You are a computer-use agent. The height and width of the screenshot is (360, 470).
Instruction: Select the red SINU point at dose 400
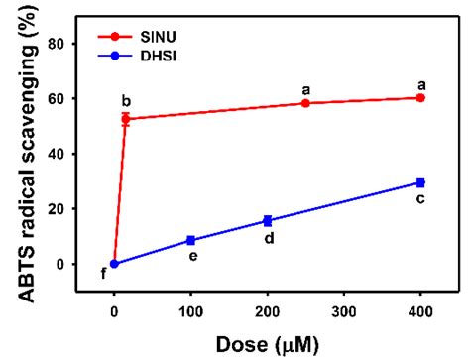pyautogui.click(x=420, y=98)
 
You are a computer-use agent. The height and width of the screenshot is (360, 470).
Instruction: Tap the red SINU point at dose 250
pyautogui.click(x=305, y=103)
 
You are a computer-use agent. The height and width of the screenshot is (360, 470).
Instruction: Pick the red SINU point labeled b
pyautogui.click(x=126, y=119)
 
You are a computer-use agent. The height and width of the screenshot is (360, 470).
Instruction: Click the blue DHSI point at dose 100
pyautogui.click(x=190, y=241)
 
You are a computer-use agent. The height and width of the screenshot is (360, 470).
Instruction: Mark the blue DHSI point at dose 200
pyautogui.click(x=267, y=220)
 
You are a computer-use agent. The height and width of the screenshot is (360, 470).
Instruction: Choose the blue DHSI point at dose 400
pyautogui.click(x=420, y=182)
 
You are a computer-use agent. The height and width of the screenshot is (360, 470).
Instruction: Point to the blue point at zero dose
pyautogui.click(x=114, y=264)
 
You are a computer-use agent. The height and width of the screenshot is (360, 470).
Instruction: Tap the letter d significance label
pyautogui.click(x=268, y=238)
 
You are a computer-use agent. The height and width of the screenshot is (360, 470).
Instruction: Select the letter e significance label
pyautogui.click(x=191, y=258)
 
